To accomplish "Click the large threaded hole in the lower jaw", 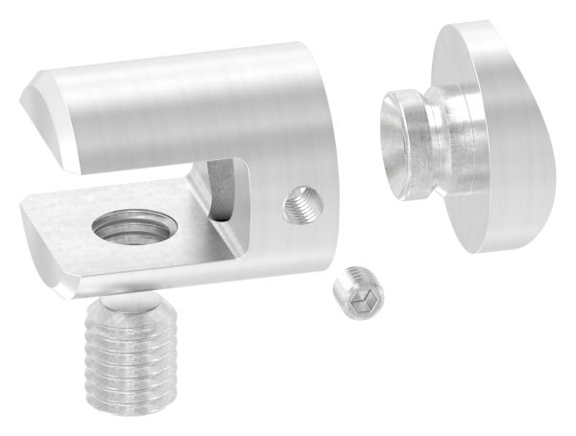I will point(132,231).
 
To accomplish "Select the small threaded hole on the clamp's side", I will point(303,202).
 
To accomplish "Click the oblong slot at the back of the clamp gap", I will point(222,192).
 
